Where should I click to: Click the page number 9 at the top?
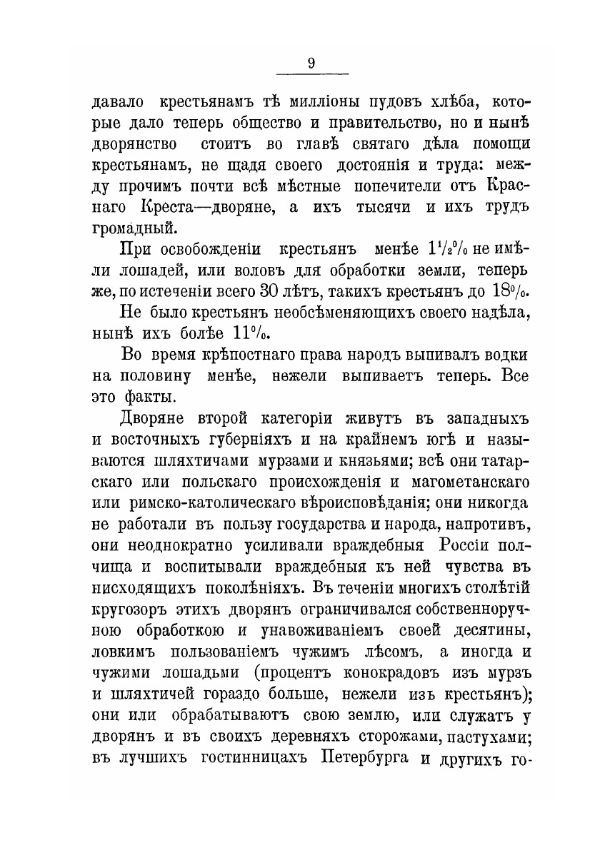[311, 63]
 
